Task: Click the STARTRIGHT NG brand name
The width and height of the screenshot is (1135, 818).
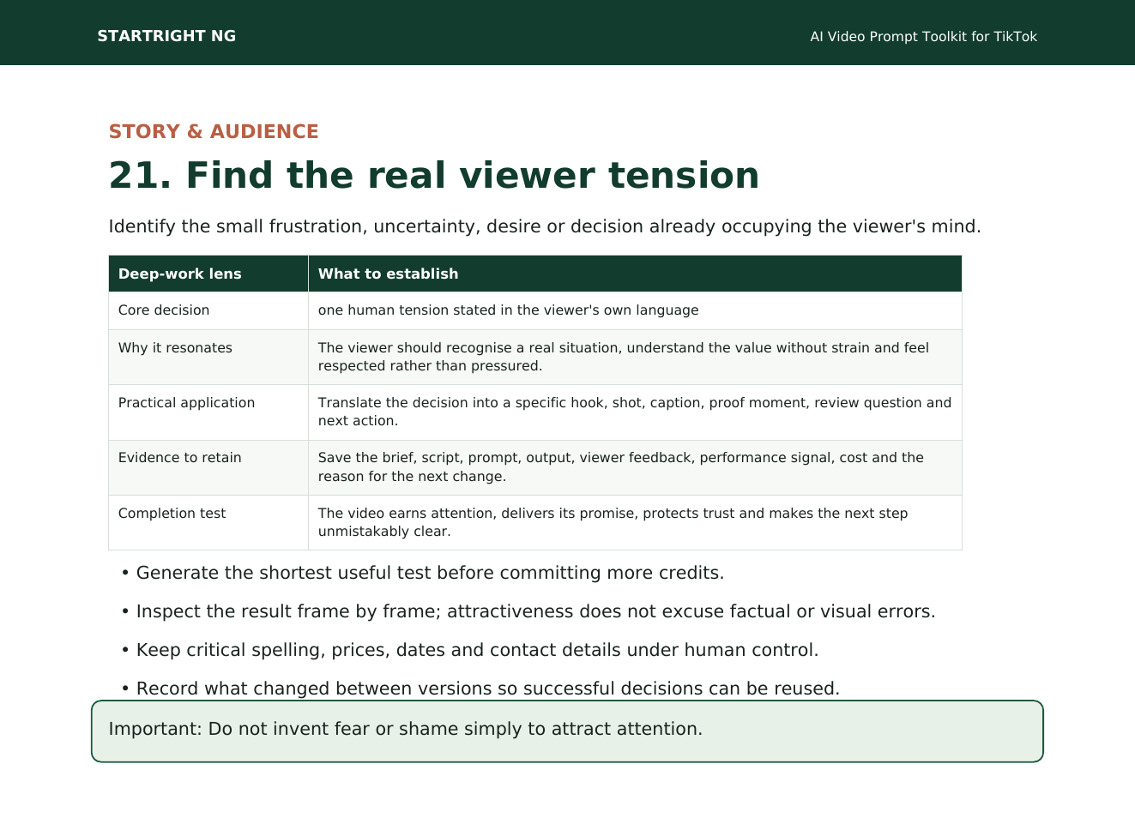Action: (x=166, y=36)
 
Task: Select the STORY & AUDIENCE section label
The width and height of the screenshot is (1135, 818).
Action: (x=214, y=131)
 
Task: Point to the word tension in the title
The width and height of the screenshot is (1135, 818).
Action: (x=684, y=175)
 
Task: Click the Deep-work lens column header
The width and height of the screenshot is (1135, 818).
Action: (x=180, y=274)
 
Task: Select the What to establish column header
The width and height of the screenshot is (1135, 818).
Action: (x=388, y=274)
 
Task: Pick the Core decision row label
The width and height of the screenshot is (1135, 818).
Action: (x=164, y=310)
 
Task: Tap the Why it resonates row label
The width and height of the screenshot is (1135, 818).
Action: (x=175, y=348)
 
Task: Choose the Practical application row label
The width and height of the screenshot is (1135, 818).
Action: (x=186, y=403)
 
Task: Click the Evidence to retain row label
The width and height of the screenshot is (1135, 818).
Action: (x=180, y=457)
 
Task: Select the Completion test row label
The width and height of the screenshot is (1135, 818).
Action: (x=172, y=513)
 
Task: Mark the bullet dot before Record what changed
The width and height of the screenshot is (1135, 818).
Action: (x=125, y=689)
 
